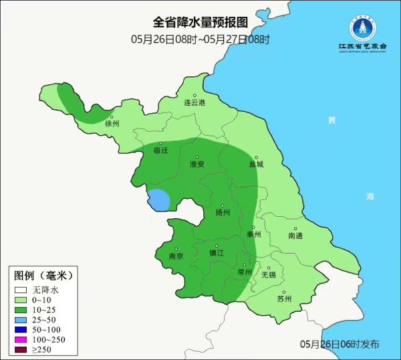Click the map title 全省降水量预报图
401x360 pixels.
tap(200, 24)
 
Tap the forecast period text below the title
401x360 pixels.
tap(200, 39)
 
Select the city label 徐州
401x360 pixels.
tap(112, 124)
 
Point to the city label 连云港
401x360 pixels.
tap(194, 102)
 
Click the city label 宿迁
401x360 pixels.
tap(161, 151)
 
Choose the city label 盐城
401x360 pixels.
tap(256, 164)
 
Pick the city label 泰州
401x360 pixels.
tap(253, 235)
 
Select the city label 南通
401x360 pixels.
tap(295, 236)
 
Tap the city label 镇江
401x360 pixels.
tap(217, 253)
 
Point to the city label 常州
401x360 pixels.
tap(245, 272)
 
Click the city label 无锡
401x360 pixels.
tap(268, 274)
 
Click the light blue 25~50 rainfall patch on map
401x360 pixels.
tap(158, 200)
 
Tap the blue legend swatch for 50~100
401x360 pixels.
tap(21, 330)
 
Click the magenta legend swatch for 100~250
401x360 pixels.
tap(21, 340)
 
